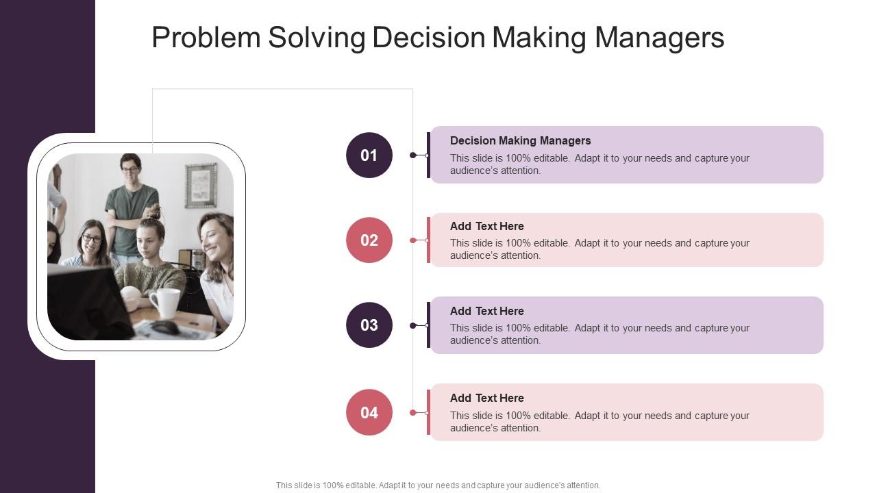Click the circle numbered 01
click(x=369, y=155)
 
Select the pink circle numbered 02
click(x=369, y=240)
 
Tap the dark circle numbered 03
click(x=369, y=325)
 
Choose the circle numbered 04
click(x=369, y=412)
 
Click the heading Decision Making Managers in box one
click(x=520, y=140)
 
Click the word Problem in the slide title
click(x=206, y=38)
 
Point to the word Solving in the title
click(x=317, y=38)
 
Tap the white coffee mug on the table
click(x=164, y=303)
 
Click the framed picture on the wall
click(x=201, y=186)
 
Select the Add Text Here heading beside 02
click(x=486, y=226)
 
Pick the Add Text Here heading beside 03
click(x=486, y=311)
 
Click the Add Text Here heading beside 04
click(x=486, y=398)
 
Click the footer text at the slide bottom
click(x=438, y=485)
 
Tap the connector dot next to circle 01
click(x=413, y=155)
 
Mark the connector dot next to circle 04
click(x=413, y=412)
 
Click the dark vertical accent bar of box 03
click(x=428, y=325)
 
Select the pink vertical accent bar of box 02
click(x=428, y=240)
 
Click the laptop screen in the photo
click(x=82, y=301)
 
